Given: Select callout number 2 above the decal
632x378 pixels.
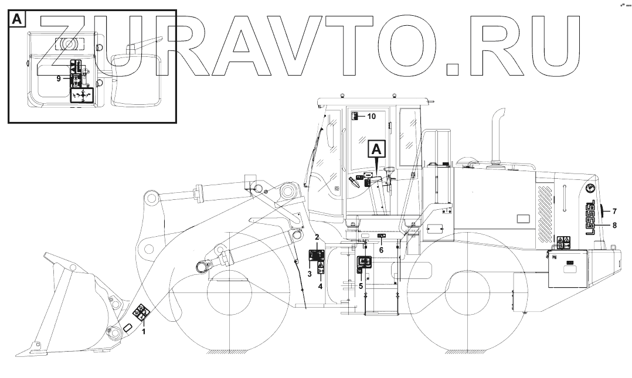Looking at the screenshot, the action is tap(317, 237).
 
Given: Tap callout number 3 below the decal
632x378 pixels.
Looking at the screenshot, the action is tap(309, 274).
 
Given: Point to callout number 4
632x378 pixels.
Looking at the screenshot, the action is tap(321, 286).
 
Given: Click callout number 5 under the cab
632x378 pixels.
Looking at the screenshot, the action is tap(361, 286).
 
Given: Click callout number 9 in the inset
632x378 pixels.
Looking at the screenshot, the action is tap(59, 78).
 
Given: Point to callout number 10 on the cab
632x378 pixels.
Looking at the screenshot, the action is tap(371, 116).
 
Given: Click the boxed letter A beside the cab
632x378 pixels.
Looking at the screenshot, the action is tap(377, 149).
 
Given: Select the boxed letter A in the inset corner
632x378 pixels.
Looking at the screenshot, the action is tap(17, 19).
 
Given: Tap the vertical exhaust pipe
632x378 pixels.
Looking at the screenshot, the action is tap(500, 135).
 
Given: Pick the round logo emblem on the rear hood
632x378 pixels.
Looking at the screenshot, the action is tap(590, 188).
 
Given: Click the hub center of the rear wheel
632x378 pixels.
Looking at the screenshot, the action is tap(458, 293).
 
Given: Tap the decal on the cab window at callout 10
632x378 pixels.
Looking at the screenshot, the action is tap(354, 116).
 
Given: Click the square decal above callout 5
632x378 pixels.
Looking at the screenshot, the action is tap(365, 263).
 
